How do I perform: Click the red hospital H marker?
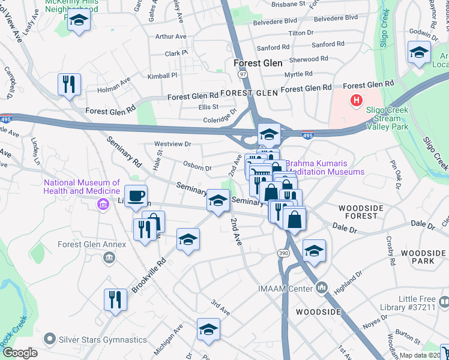[357, 100]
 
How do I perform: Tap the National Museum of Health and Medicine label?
[81, 187]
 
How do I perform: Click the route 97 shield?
[243, 74]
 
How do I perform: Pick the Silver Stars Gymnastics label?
[102, 339]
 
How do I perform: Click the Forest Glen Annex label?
[92, 244]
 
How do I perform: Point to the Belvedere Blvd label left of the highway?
[274, 20]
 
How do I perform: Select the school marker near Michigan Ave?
[208, 329]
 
